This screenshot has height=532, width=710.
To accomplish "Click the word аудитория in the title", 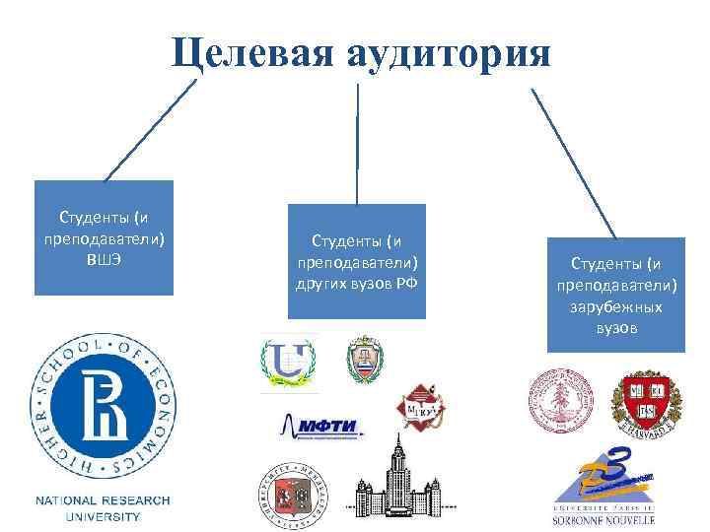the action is (x=445, y=51).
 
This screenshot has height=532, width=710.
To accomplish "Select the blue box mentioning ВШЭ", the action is (x=104, y=237).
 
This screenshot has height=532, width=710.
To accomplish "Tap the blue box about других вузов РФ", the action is (x=357, y=261).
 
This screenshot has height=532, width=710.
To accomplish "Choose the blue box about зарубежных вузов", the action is (x=616, y=295).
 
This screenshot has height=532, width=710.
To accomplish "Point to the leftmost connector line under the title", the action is (x=148, y=131).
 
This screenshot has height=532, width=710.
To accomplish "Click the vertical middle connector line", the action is (x=357, y=143).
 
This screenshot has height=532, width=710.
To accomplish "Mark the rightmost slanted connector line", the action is (x=574, y=164).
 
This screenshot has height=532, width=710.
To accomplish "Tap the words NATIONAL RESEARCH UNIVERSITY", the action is (x=104, y=508).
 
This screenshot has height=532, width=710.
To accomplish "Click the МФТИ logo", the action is (x=321, y=427).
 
